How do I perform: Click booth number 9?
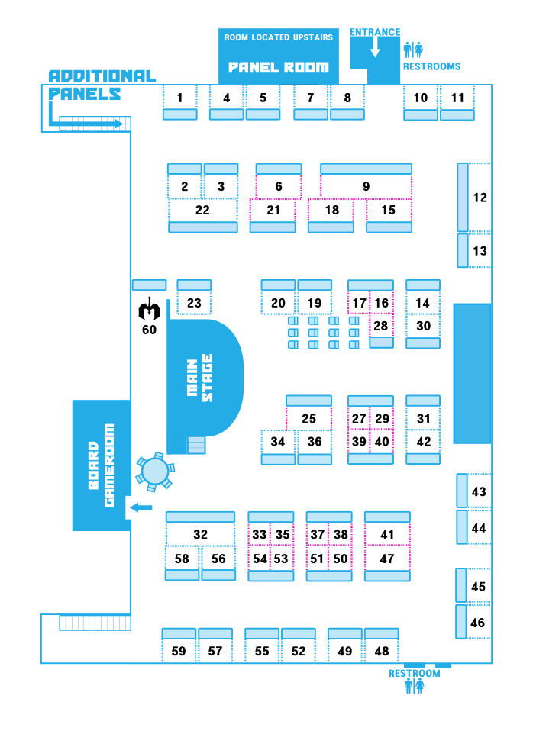366,186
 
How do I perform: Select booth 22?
202,210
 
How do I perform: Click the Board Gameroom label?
100,465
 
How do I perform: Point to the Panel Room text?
278,67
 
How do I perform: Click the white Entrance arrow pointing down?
375,48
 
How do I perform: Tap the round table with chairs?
155,471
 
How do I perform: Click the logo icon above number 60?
150,311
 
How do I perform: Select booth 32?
200,534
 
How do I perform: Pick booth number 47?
387,559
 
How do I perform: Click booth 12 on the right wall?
480,197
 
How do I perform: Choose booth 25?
308,418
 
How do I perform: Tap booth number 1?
179,98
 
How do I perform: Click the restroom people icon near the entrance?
413,50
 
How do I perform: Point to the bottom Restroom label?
414,673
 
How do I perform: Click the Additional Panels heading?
101,84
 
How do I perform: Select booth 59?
179,651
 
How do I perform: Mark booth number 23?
194,302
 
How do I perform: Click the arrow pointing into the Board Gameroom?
141,507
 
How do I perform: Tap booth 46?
478,623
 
